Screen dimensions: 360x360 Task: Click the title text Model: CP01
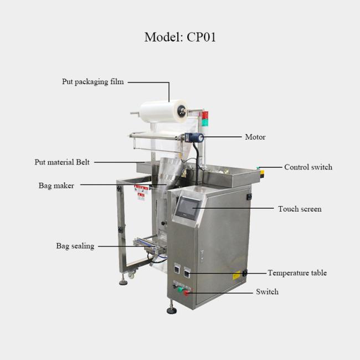180,37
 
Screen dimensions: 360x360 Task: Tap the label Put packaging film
92,82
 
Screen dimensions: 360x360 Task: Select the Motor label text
255,137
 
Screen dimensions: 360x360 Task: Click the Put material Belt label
62,162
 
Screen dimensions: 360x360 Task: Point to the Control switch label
308,167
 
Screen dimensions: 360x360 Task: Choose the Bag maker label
56,186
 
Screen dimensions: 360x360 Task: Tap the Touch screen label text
300,209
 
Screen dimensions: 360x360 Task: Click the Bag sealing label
75,246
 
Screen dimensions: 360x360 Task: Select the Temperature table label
297,272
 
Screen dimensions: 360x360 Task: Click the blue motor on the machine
194,138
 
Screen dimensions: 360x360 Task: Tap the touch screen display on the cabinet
187,208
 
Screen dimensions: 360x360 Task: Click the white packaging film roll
163,111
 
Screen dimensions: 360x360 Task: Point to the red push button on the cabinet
186,292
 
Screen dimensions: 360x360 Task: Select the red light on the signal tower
205,115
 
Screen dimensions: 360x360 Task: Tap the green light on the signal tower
205,122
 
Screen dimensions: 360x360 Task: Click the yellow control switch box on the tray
261,173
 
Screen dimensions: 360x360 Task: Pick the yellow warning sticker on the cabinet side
236,275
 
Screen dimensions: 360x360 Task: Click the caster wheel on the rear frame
131,275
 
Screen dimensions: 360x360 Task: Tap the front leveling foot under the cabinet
172,310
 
